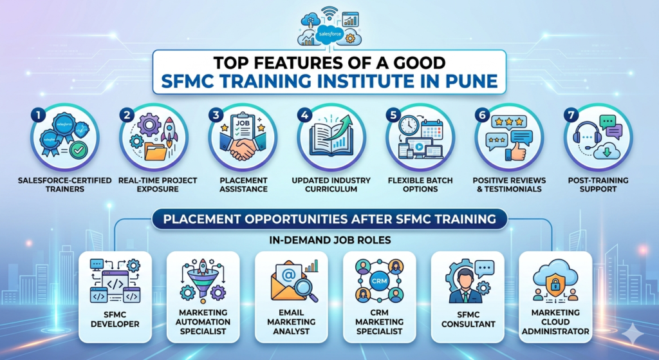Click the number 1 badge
pyautogui.click(x=39, y=115)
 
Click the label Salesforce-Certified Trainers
pyautogui.click(x=64, y=185)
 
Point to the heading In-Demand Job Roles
pyautogui.click(x=329, y=241)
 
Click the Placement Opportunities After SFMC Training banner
pyautogui.click(x=329, y=219)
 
